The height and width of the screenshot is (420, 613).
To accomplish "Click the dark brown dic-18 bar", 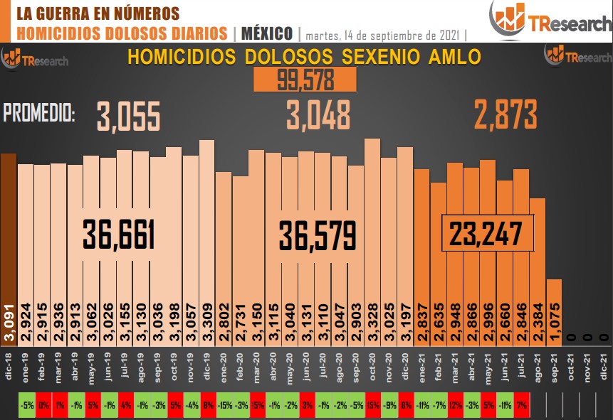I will click(x=8, y=242).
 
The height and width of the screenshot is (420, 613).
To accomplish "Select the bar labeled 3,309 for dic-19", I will click(x=206, y=235).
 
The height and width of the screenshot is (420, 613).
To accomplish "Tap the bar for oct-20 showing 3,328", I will click(x=372, y=235).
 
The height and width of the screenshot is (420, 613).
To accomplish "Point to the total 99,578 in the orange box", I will click(x=305, y=80).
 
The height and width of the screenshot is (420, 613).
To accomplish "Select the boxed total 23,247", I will click(x=488, y=232).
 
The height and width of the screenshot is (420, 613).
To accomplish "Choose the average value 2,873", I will click(x=505, y=114).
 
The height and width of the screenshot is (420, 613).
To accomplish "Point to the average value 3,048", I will click(x=318, y=114).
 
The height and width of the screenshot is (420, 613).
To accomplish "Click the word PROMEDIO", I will click(x=39, y=113).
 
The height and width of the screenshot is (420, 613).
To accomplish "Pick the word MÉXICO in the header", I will click(x=267, y=33).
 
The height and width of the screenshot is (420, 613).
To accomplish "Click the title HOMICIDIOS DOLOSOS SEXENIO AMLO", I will click(x=304, y=57).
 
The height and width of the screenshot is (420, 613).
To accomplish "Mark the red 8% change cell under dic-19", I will click(x=208, y=406).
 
